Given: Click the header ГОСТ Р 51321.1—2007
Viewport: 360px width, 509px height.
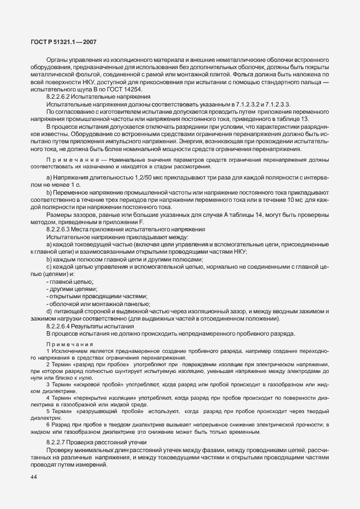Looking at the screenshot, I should (x=64, y=42).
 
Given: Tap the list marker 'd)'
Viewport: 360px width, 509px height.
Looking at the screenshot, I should (x=49, y=311).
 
